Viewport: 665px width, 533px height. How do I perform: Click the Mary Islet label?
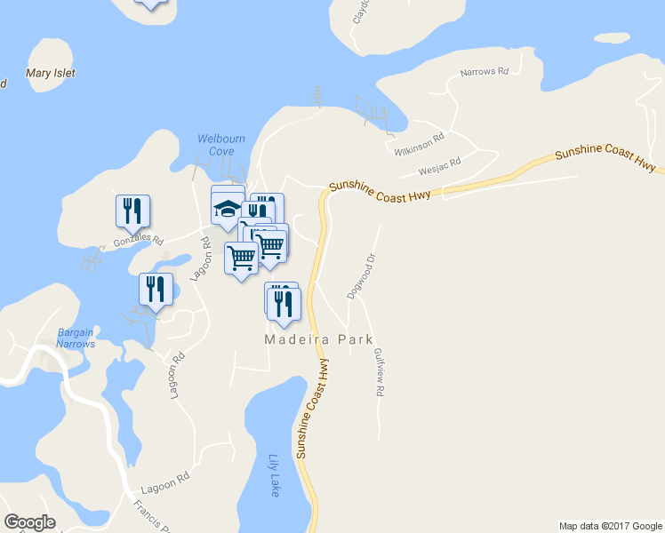(51, 74)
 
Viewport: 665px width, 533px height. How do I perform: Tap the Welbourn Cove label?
(215, 145)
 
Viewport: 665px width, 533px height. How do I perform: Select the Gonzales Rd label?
(139, 241)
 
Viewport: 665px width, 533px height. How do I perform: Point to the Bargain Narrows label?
(75, 338)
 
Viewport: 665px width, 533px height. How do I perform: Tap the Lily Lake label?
(274, 475)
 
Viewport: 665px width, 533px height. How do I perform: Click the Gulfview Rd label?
(380, 371)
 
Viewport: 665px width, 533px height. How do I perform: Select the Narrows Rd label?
(484, 71)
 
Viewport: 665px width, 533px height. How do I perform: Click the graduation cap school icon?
(227, 211)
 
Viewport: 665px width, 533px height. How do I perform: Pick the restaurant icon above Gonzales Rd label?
(132, 211)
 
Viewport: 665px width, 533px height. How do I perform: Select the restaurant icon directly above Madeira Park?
(284, 304)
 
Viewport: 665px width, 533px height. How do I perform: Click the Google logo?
(29, 522)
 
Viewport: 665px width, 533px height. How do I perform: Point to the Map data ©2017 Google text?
(610, 526)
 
